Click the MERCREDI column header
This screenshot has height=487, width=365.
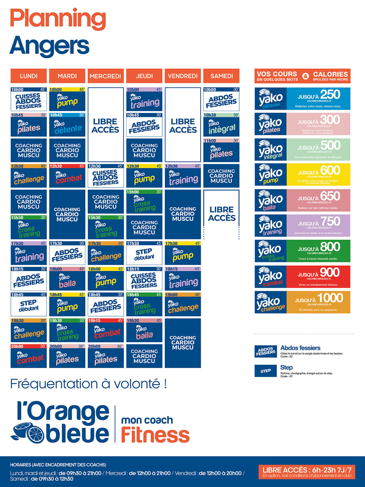[105, 76]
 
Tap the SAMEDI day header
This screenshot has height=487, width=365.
[221, 76]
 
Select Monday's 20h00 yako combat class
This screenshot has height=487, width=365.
[29, 356]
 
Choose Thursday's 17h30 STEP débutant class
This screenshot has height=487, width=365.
[144, 254]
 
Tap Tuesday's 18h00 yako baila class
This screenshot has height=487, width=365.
[67, 279]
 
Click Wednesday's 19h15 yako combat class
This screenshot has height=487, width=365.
[106, 330]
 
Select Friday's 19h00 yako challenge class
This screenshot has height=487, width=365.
[183, 305]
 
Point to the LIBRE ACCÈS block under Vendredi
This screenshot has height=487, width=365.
[183, 125]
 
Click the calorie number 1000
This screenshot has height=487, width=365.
[330, 298]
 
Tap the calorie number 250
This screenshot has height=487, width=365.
[330, 95]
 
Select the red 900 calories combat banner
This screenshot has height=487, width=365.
[318, 277]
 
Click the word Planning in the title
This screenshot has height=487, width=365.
[58, 19]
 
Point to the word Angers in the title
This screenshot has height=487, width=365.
[49, 46]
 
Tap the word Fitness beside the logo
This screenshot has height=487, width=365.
[155, 435]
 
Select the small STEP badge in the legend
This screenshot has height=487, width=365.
[266, 371]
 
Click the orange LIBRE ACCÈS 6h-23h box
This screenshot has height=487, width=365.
[307, 472]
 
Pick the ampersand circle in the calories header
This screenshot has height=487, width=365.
[306, 76]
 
